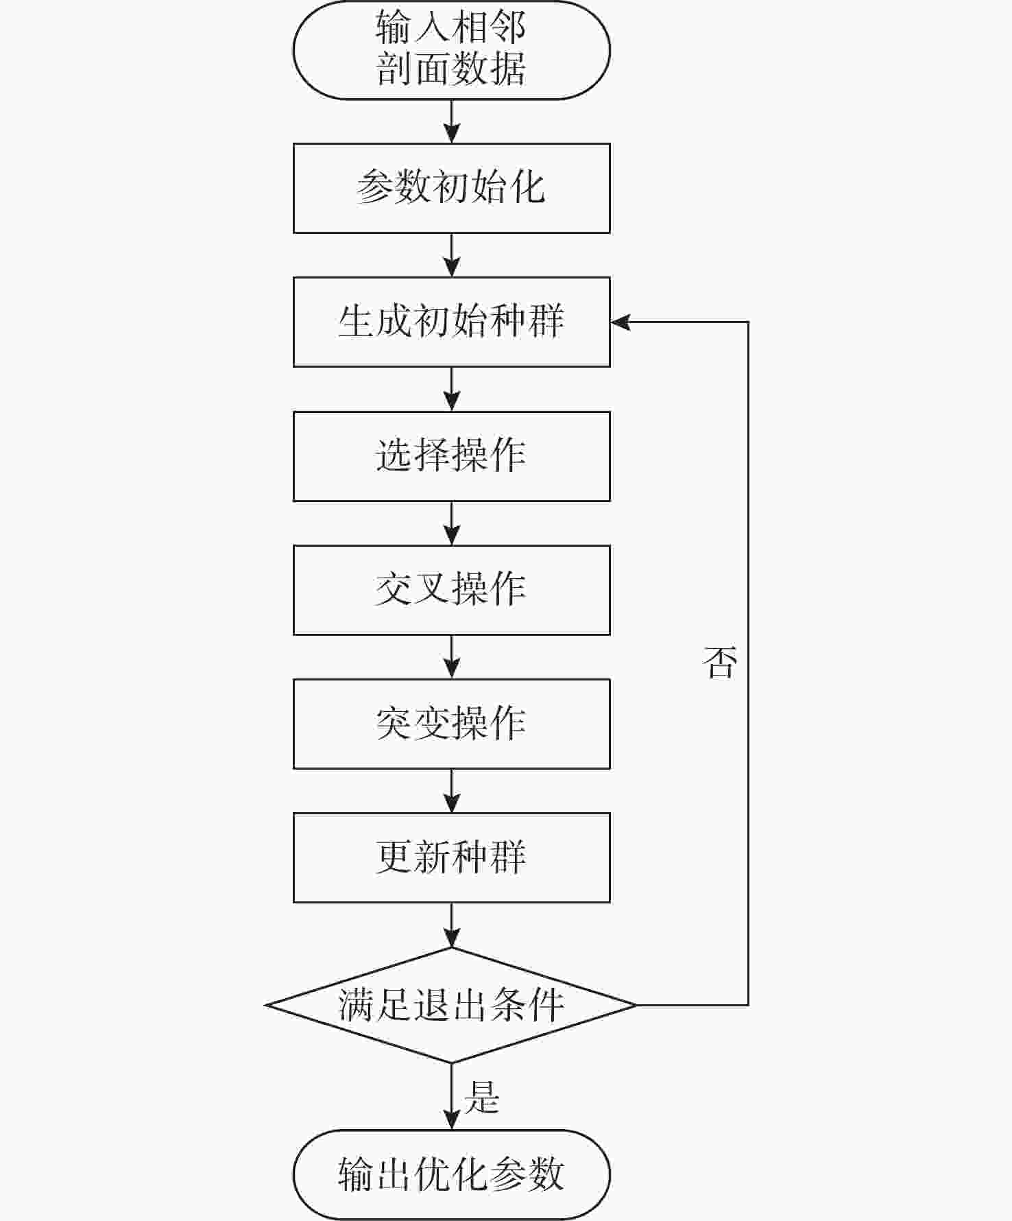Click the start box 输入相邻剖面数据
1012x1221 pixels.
(451, 50)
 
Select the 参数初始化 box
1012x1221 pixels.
(451, 188)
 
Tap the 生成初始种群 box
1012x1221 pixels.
(451, 322)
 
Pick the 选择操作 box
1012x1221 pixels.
(451, 456)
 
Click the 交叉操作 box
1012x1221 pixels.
(451, 590)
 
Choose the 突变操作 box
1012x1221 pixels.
(451, 724)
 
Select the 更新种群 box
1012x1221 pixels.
(451, 857)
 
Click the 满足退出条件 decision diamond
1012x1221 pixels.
(451, 1005)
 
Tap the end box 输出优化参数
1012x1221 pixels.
(451, 1174)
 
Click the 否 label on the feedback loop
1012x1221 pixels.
(719, 663)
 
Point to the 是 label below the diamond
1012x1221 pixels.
(481, 1096)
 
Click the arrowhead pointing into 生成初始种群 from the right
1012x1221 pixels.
(619, 322)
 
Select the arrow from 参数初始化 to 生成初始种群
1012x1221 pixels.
(451, 255)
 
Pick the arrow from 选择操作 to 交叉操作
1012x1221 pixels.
(451, 523)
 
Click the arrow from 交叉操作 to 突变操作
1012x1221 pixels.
(451, 657)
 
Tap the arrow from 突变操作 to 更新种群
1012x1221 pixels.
(451, 791)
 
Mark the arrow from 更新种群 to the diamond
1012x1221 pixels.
(451, 925)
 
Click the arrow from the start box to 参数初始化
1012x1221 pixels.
(451, 121)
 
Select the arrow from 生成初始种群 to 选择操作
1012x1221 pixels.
(451, 389)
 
